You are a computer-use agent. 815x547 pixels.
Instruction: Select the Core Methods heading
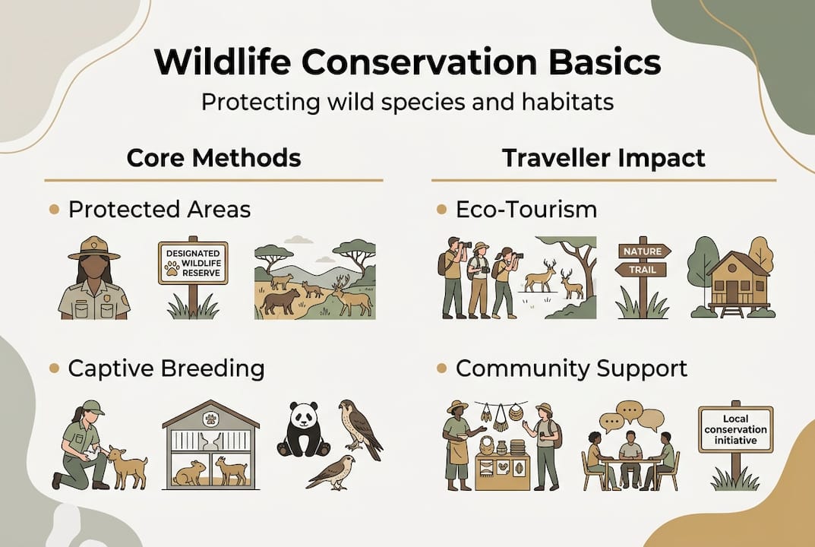pos(213,158)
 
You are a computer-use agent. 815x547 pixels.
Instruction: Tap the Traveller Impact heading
pos(603,158)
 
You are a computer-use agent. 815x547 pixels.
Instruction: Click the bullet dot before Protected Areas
pos(54,209)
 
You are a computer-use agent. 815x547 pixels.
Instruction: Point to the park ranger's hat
pos(94,248)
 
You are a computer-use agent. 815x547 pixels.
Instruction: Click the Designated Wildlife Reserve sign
pos(192,263)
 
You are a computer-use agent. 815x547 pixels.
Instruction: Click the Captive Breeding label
pos(166,368)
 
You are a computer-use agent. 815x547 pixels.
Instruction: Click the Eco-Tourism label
pos(526,209)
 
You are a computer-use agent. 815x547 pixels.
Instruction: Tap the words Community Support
pos(570,368)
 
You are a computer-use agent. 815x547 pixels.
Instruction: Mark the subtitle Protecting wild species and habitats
pos(407,102)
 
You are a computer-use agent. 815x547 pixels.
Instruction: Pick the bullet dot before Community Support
pos(441,368)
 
